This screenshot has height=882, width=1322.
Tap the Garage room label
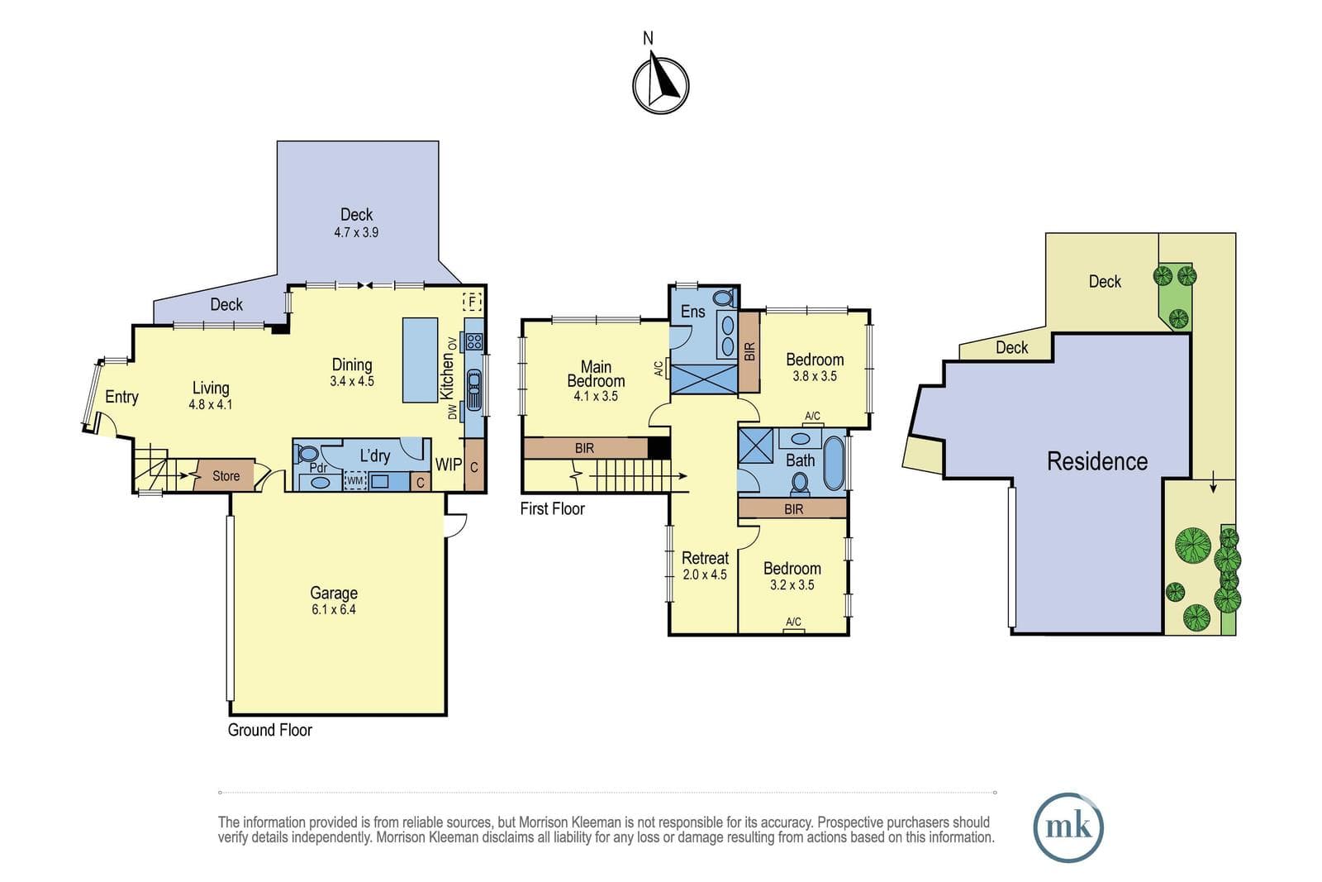click(334, 593)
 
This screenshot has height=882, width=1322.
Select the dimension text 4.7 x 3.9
click(356, 232)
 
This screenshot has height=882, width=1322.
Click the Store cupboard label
click(226, 476)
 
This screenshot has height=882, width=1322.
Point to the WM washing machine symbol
click(354, 480)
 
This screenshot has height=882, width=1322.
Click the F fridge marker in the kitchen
click(472, 302)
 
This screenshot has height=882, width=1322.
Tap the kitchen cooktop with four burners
click(474, 341)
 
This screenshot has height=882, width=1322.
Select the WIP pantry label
click(449, 465)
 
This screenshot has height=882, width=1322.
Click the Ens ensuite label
click(693, 311)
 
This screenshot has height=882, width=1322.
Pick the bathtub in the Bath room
click(834, 463)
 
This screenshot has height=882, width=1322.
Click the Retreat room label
click(706, 558)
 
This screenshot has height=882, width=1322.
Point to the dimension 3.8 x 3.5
click(815, 376)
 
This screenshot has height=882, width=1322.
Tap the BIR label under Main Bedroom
click(584, 449)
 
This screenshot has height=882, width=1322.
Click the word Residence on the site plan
click(1097, 461)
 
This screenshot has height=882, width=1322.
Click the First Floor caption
click(553, 509)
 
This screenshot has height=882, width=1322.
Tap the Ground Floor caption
click(269, 730)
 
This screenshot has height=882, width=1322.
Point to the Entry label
click(121, 397)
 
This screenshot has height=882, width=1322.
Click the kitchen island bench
click(421, 360)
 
